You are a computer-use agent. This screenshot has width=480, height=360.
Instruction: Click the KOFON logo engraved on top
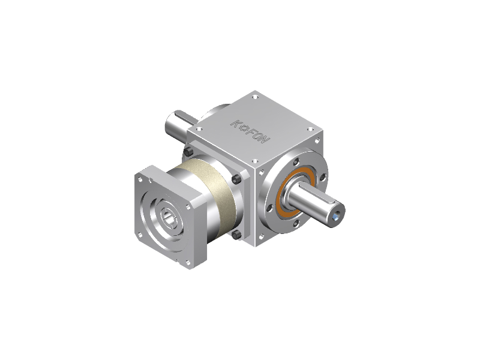(x=250, y=131)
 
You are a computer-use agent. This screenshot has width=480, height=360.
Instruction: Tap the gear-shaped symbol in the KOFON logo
(x=244, y=127)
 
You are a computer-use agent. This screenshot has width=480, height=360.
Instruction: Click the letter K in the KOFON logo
(x=235, y=123)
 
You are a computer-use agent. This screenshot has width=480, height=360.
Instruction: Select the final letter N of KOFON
(x=265, y=140)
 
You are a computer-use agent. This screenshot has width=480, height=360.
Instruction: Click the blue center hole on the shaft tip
(x=336, y=217)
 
